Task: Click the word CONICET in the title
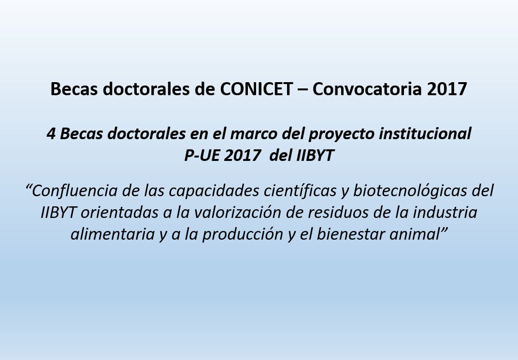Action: coord(257,89)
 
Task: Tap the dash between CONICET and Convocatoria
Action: coord(302,90)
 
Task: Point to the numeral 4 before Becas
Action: coord(51,134)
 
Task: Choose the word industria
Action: coord(446,213)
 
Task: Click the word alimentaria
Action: coord(113,234)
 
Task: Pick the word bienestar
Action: coord(351,234)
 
